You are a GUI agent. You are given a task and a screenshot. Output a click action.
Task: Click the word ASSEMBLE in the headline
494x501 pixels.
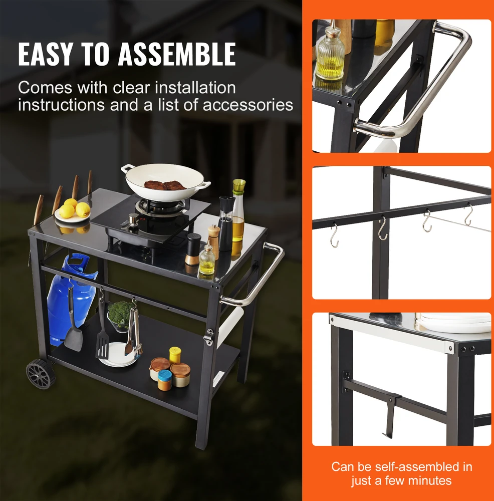[x=177, y=54]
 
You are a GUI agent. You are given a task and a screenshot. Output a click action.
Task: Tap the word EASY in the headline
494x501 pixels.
[x=46, y=54]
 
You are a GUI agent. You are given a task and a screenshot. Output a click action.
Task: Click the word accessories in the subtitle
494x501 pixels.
[x=248, y=105]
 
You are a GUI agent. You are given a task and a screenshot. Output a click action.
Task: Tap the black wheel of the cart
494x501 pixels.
[x=41, y=374]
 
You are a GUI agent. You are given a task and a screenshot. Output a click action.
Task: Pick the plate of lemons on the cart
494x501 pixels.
[x=73, y=211]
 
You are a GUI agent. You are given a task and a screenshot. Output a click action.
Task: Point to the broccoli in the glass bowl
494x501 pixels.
[x=121, y=314]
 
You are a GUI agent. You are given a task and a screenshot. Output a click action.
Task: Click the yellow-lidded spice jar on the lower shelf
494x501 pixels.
[x=175, y=355]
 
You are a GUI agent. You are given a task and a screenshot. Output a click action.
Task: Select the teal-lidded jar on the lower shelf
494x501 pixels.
[x=164, y=380]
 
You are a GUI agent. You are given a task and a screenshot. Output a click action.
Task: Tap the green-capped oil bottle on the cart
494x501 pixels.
[x=238, y=210]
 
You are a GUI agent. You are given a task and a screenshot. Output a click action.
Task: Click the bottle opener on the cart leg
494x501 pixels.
[x=209, y=337]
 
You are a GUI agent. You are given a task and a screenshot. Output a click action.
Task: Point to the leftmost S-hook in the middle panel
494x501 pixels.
[x=334, y=235]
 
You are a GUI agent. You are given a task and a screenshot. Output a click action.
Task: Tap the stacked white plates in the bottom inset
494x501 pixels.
[x=454, y=323]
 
